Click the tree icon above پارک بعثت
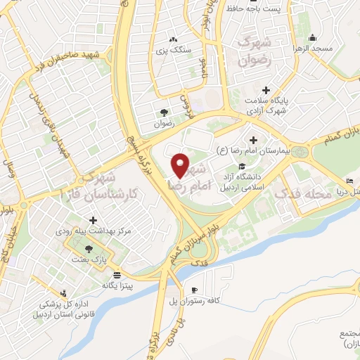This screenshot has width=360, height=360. click(88, 248)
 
